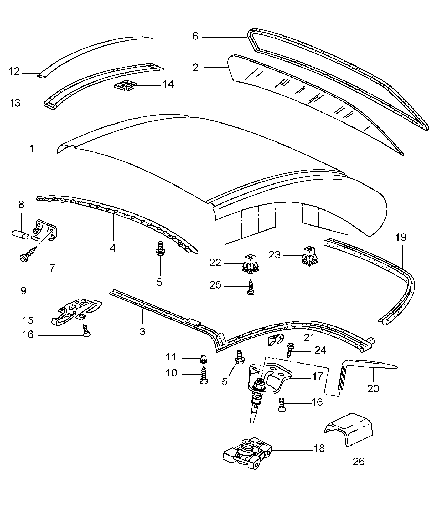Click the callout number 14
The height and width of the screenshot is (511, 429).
(x=168, y=84)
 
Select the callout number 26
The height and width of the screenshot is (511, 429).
(x=359, y=461)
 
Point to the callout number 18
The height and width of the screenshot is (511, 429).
(x=319, y=448)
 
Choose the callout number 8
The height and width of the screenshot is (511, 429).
(x=21, y=204)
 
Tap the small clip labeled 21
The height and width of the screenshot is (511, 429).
(x=276, y=340)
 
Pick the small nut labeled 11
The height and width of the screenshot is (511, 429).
(x=203, y=359)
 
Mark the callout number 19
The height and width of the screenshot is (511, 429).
(x=401, y=238)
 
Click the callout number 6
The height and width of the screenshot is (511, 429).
(x=195, y=36)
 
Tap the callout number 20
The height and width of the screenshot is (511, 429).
(x=373, y=389)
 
